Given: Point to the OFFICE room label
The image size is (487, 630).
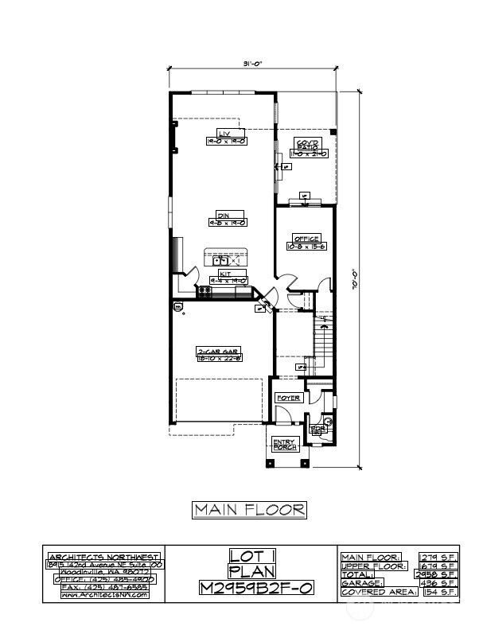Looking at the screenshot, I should tap(306, 239).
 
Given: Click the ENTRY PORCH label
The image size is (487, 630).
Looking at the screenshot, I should tap(284, 445).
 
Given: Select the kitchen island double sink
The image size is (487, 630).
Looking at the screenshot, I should tap(220, 260).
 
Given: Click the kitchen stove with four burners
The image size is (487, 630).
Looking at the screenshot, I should tap(204, 292).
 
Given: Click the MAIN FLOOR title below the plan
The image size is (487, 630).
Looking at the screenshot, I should tap(249, 510).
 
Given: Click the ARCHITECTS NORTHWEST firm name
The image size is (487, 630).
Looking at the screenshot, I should tap(104, 556).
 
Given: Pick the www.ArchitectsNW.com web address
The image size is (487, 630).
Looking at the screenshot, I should tap(104, 594).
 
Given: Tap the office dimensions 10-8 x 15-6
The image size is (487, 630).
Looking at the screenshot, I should tap(306, 247).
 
